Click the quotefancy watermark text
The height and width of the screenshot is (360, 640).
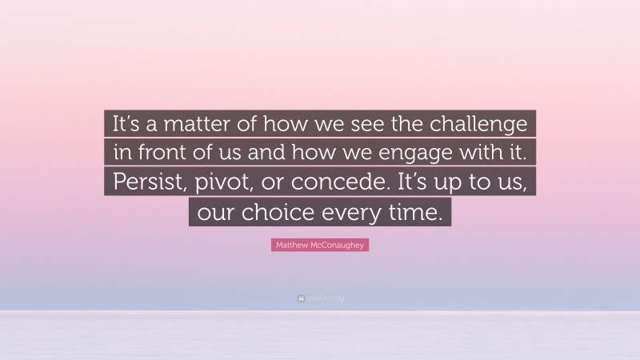pos(324,298)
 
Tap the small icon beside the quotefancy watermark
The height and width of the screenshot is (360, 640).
pos(301,298)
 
